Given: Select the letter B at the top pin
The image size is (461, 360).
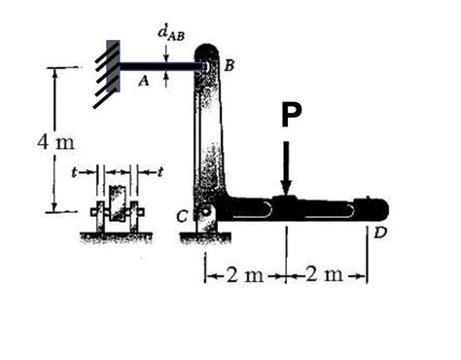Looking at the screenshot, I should coord(229,65).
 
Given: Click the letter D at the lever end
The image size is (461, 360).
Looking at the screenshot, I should coord(378,234).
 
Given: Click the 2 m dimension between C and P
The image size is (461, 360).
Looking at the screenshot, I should coord(244,273).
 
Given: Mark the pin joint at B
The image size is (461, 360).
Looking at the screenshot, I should coord(205,67).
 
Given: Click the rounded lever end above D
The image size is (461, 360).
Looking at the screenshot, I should coord(374,208).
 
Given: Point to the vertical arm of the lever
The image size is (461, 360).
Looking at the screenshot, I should coord(213,136).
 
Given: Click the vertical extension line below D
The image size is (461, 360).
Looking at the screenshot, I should coord(368,253).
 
